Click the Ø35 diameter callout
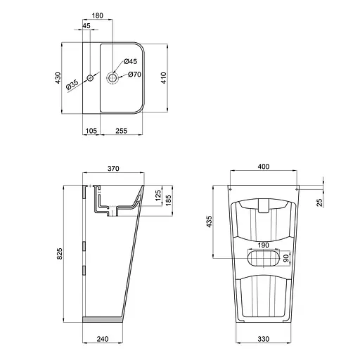point(72,86)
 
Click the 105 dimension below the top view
point(90,131)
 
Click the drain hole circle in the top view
point(112,77)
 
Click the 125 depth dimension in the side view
point(158,194)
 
